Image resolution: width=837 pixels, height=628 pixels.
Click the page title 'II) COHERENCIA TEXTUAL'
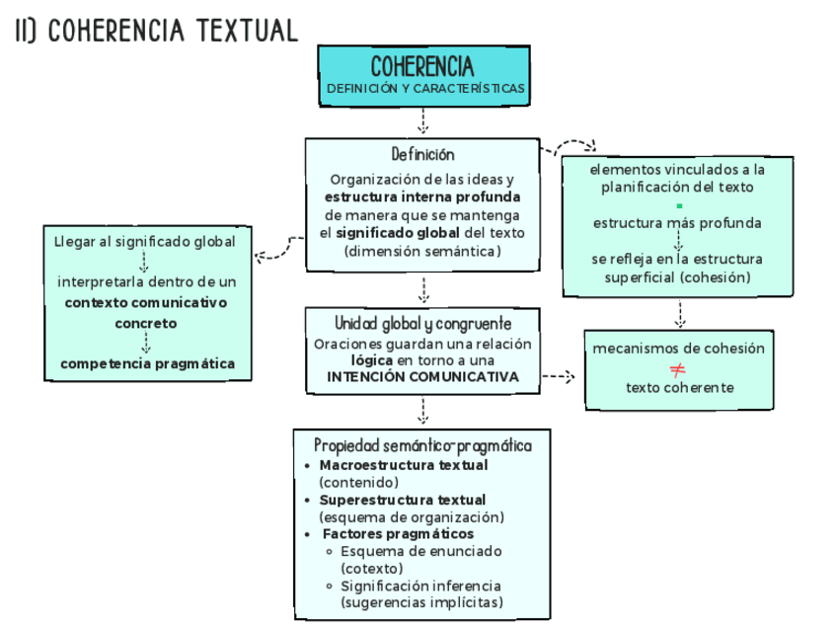[x=156, y=31]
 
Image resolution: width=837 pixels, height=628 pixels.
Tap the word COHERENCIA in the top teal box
[x=422, y=67]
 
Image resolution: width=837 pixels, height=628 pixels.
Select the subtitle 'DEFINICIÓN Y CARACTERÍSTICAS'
[x=425, y=89]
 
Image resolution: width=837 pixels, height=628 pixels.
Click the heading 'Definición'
[x=422, y=155]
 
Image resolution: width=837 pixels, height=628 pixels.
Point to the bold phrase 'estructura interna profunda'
[x=422, y=197]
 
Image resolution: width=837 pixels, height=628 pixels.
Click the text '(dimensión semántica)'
[x=422, y=251]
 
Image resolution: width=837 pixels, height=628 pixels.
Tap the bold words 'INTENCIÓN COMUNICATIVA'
[x=422, y=377]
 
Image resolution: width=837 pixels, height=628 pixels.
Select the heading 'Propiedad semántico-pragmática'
[x=422, y=446]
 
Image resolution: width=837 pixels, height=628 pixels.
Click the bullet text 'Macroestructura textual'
[x=404, y=465]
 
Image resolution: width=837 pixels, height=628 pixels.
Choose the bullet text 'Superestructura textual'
[x=403, y=500]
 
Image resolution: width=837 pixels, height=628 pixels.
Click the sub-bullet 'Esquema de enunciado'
[x=421, y=551]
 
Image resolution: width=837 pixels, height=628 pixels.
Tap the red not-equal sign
[x=678, y=370]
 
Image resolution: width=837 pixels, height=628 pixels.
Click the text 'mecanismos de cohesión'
[x=678, y=349]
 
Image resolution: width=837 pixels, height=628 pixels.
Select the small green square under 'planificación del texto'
[x=679, y=205]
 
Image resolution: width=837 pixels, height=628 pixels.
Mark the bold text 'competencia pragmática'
[x=147, y=363]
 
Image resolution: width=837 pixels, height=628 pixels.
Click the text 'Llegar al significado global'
[x=145, y=241]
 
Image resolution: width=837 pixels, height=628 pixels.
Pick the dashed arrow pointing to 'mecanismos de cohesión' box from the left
[x=560, y=376]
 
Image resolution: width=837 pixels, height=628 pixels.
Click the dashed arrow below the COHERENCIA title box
[x=422, y=120]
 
